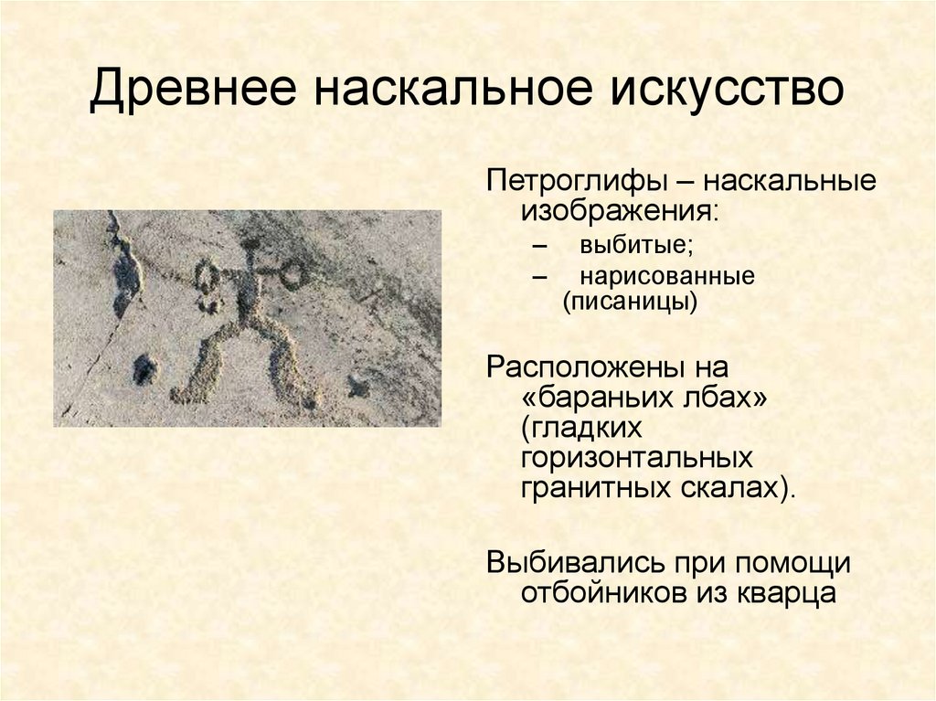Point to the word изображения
click(619, 212)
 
